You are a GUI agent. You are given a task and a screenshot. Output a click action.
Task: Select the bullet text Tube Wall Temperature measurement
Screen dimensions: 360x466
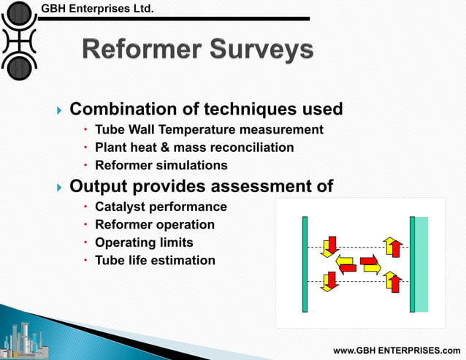click(x=209, y=129)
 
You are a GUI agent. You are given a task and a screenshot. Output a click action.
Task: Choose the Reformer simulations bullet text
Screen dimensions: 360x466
click(x=161, y=165)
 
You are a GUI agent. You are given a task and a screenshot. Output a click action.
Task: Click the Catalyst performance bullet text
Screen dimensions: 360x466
click(x=161, y=207)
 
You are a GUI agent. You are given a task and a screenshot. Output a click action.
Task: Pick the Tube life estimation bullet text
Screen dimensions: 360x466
click(x=155, y=260)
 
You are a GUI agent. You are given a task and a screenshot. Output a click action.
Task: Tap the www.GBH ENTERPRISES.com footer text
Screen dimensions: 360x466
click(x=397, y=351)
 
